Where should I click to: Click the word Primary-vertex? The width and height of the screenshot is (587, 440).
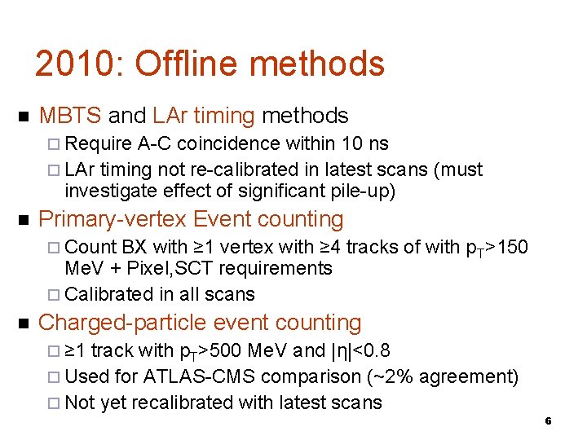[x=113, y=219]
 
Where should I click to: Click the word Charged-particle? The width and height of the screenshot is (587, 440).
[x=127, y=323]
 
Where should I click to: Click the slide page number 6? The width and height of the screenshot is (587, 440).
[x=548, y=421]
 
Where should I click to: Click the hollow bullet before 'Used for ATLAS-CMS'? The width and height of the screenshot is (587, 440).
[x=54, y=377]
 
